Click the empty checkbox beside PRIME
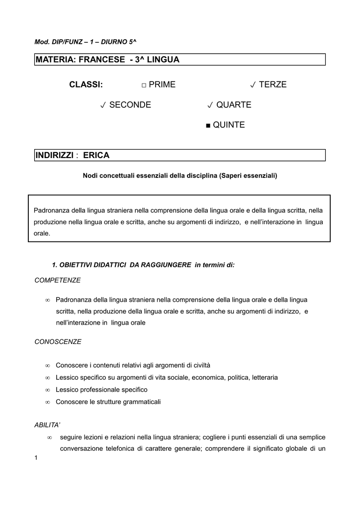pos(143,85)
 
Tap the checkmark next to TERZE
pos(253,85)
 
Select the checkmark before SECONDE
pos(102,105)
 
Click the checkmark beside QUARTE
pos(210,105)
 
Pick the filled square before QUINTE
pos(208,125)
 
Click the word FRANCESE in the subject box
pos(98,60)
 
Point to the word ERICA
pos(96,156)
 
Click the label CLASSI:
pos(86,85)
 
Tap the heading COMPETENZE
pos(57,280)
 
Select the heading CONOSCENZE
pos(58,342)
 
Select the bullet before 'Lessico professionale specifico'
pos(47,390)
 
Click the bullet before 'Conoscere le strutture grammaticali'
pos(47,402)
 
